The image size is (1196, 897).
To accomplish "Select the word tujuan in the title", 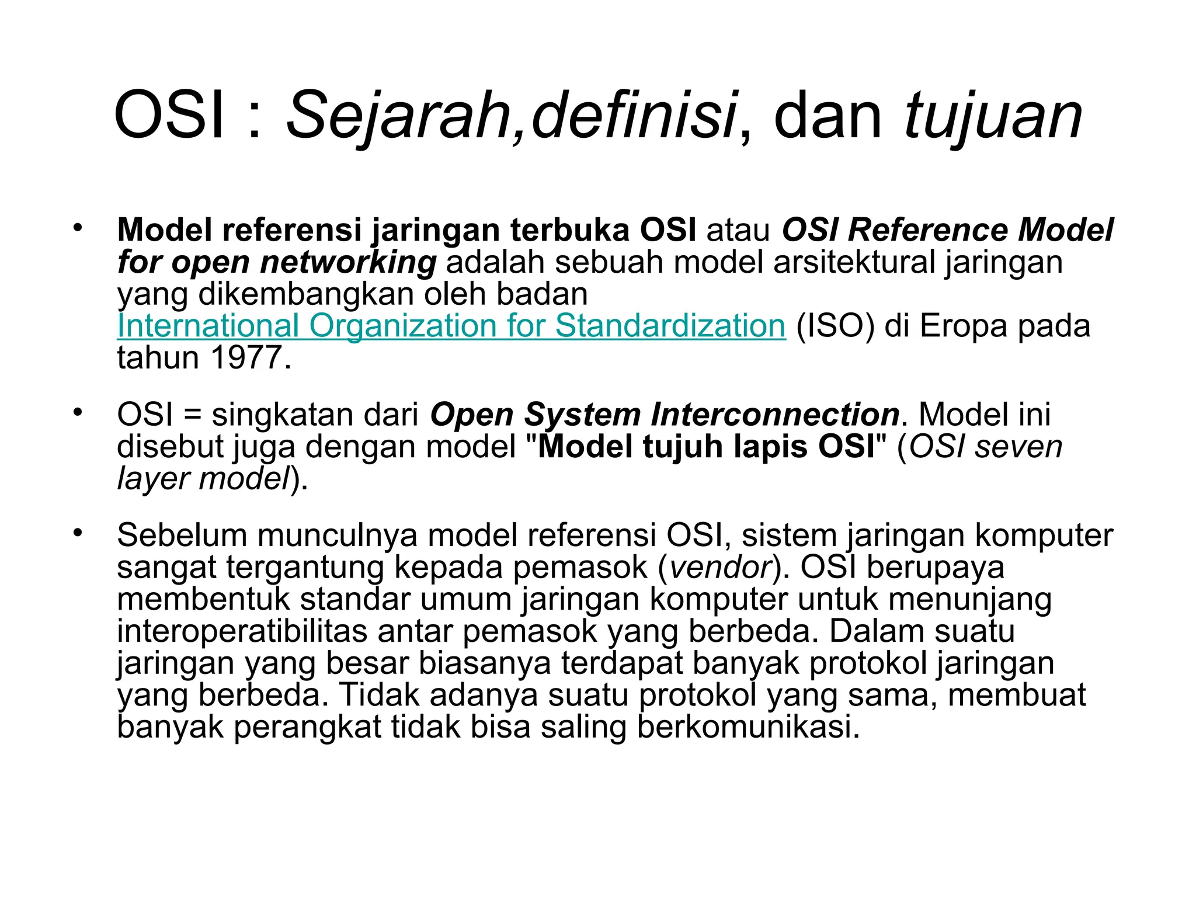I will [x=993, y=117].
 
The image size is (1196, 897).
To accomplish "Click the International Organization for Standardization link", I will [x=451, y=326].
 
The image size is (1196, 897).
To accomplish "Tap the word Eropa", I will [x=964, y=326].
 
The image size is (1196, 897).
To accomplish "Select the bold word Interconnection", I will [x=775, y=415].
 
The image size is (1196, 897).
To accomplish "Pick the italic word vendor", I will [x=721, y=567].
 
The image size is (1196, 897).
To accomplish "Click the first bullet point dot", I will [x=78, y=228].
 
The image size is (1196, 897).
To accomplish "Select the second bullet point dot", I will [x=78, y=413].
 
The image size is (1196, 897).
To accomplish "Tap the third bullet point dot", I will [x=78, y=533].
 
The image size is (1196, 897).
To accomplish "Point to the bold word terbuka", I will [x=570, y=230].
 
